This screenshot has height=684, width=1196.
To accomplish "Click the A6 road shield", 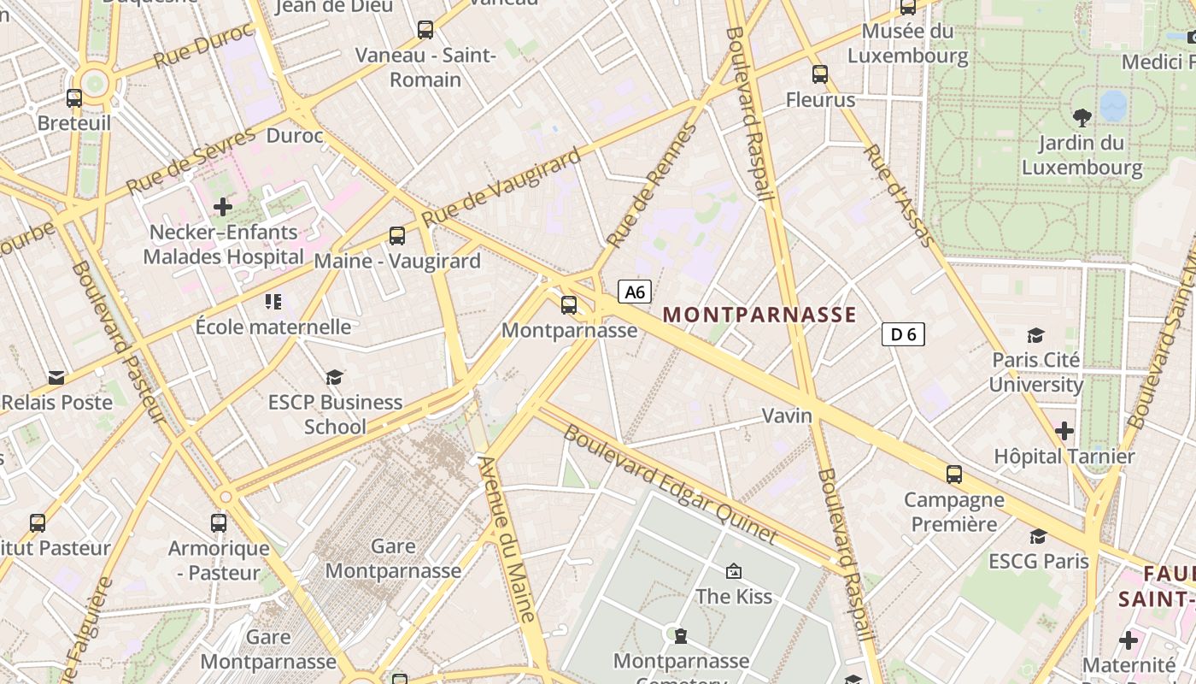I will point(635,292).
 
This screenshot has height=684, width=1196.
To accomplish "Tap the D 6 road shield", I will point(903,334).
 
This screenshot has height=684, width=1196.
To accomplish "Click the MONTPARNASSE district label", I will point(759,315).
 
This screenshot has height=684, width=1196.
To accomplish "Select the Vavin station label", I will point(787,416).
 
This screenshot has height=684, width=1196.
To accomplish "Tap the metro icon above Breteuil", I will point(74,98).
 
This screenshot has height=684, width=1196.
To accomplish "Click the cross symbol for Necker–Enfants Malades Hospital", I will point(223,206).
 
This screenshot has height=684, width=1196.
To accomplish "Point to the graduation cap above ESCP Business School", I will point(334,377).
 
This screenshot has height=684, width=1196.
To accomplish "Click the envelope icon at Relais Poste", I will point(56,377).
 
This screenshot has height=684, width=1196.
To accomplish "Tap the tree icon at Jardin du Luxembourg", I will point(1082,117).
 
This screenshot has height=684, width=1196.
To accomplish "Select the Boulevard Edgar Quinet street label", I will point(671,484).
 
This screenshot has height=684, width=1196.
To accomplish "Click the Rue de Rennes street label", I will point(651,186).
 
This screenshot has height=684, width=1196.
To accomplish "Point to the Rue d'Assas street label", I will point(900,195).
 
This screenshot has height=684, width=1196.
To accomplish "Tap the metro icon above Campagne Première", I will point(954,474).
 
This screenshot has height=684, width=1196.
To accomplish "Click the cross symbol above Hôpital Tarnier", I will point(1064,430).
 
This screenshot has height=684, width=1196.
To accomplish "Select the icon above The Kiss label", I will point(733,571).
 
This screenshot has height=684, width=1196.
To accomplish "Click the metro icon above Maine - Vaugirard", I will point(397,235).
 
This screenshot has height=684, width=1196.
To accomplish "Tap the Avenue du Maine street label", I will point(507,539).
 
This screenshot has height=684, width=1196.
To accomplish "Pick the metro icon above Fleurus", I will point(820,74).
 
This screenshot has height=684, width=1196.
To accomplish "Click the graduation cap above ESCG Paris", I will point(1038,536).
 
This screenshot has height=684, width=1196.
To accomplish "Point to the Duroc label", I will point(295,136).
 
